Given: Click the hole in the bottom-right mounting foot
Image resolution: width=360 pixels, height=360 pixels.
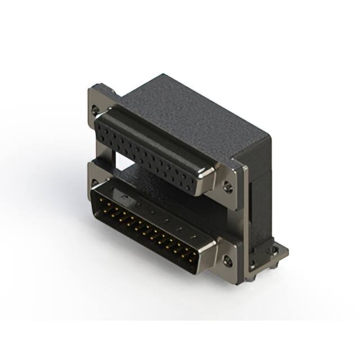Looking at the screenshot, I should (x=275, y=252).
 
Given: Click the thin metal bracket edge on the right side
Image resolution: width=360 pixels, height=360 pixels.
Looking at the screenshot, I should (x=246, y=214).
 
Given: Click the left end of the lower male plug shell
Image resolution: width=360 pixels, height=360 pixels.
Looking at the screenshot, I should (x=96, y=194).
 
